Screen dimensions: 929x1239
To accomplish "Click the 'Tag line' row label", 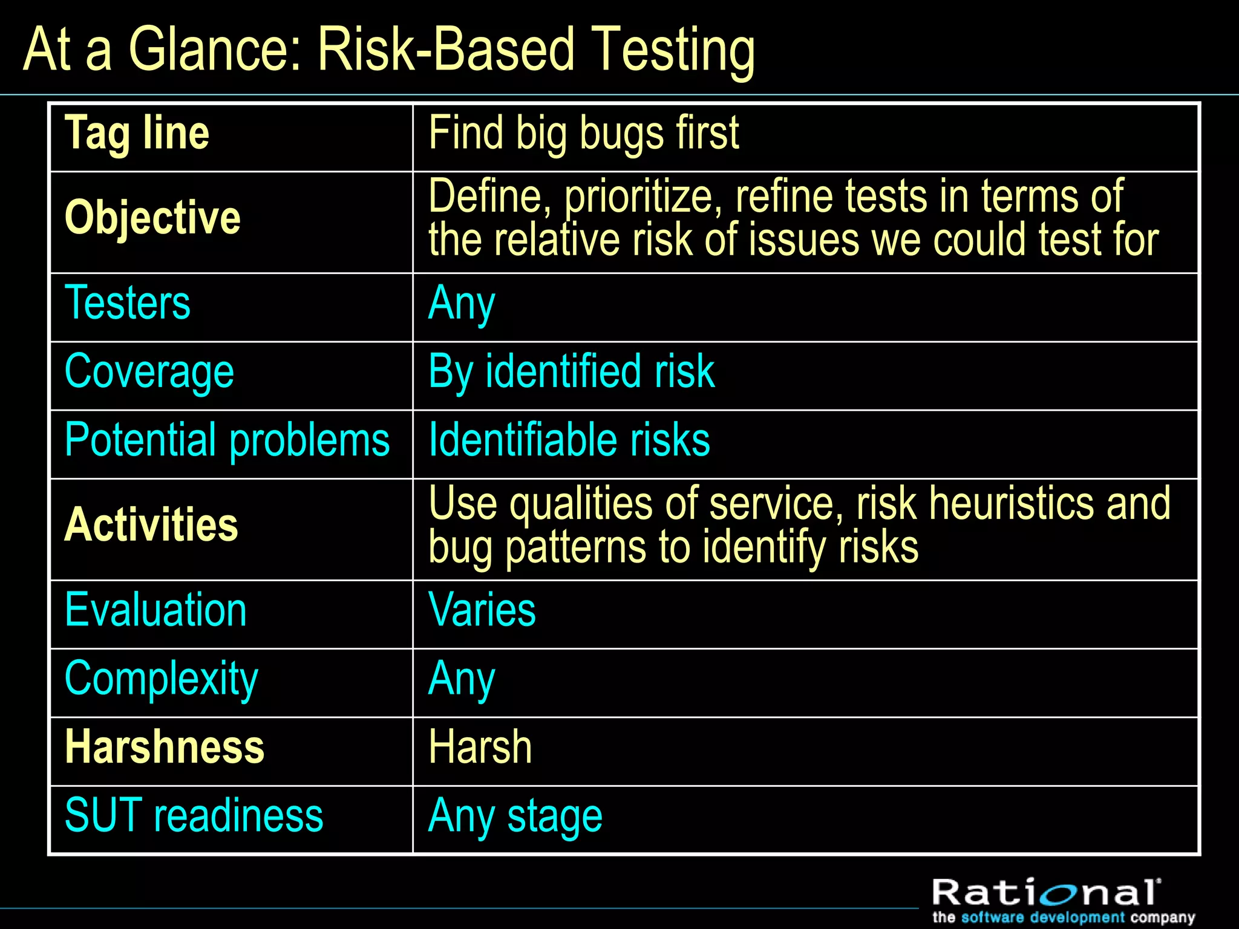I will point(137,134).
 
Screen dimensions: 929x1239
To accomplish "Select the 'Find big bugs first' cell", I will point(583,134).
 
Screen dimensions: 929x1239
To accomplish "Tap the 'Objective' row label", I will point(152,218).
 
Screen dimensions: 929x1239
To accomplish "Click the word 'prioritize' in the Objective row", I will point(639,197).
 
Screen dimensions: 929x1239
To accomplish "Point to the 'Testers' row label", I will point(128,303).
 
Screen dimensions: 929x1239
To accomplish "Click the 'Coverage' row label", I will point(149,372).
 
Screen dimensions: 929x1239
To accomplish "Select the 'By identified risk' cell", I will point(571,372).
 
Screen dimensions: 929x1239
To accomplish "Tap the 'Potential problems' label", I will point(227,440).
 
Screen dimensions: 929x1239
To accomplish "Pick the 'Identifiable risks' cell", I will point(569,440).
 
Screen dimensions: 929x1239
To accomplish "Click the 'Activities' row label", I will point(151,525).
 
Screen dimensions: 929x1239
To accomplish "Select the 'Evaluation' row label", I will point(155,610).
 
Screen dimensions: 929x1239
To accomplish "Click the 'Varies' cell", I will point(482,610).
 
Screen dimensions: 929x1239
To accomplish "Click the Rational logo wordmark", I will point(1046,893).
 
